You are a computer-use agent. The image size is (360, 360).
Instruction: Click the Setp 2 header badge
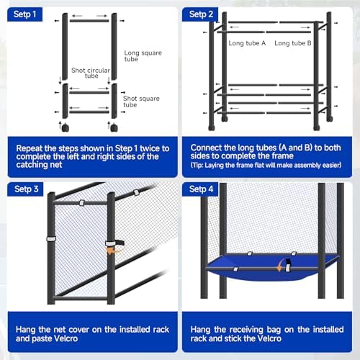click(x=202, y=14)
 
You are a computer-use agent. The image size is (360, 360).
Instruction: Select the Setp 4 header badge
click(x=202, y=189)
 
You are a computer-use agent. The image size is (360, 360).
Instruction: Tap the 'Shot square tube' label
click(x=140, y=100)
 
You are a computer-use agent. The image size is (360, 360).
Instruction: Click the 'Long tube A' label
click(x=247, y=43)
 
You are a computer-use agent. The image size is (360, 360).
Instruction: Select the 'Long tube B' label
click(x=293, y=43)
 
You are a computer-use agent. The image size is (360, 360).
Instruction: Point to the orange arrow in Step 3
click(x=111, y=251)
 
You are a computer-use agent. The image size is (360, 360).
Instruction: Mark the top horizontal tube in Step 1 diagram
click(x=89, y=20)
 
